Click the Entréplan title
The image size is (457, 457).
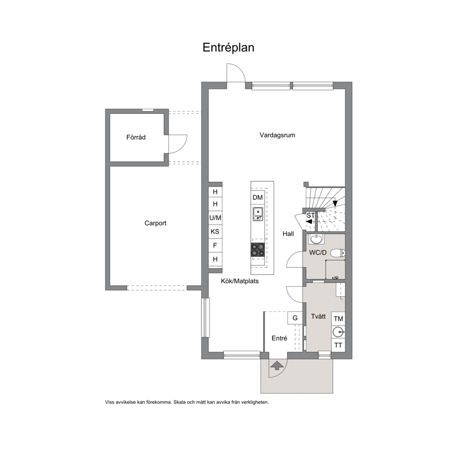tap(228, 47)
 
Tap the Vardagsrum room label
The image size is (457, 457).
tap(277, 135)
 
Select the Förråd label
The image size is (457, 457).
tap(136, 137)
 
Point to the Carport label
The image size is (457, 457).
tap(155, 223)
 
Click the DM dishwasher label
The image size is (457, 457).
tap(258, 197)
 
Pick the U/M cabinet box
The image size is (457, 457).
tap(215, 218)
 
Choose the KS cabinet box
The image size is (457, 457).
tap(215, 232)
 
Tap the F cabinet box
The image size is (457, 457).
tap(215, 246)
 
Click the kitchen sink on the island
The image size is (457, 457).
tap(258, 214)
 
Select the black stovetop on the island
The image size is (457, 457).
tap(258, 250)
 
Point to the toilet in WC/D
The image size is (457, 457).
tap(338, 253)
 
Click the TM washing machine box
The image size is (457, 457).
tap(339, 318)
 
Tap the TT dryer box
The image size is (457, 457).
tap(339, 346)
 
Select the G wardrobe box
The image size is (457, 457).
tap(295, 318)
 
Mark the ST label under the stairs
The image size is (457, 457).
tap(311, 216)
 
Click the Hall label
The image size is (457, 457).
tap(288, 234)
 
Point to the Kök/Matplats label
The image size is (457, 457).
tap(240, 281)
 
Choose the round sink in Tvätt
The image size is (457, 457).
tap(339, 332)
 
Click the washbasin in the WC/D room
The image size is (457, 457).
tap(316, 239)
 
